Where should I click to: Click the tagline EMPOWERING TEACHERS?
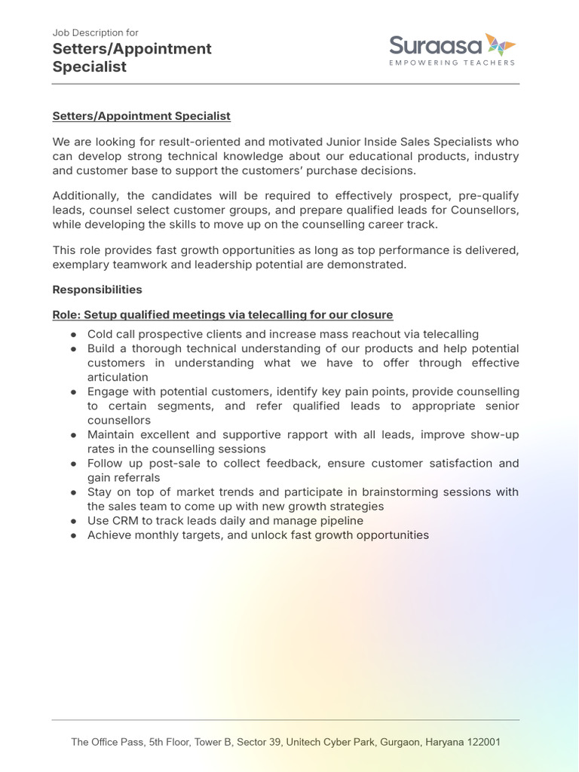point(452,63)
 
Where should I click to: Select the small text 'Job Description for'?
point(95,32)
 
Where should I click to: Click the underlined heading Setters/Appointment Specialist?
point(141,116)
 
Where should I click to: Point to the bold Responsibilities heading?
point(97,289)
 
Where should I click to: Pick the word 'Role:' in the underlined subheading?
point(66,314)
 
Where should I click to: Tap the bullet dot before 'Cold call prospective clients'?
point(74,334)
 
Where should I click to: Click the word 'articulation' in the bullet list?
point(118,377)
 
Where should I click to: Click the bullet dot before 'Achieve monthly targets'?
point(74,535)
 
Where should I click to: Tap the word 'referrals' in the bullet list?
point(136,477)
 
